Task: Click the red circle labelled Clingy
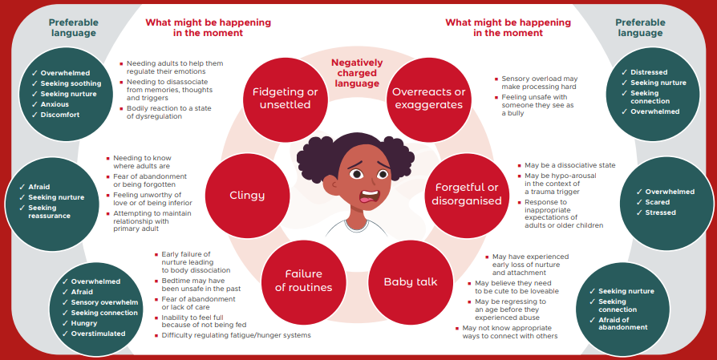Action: click(x=247, y=196)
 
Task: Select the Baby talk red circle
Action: click(x=410, y=282)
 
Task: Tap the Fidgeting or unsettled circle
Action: click(x=286, y=99)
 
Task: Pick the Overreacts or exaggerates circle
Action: click(x=428, y=99)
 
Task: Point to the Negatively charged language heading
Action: click(x=357, y=73)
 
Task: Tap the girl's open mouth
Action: click(x=369, y=196)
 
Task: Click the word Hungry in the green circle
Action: click(x=84, y=323)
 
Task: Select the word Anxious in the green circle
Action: click(x=55, y=104)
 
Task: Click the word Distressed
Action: click(x=649, y=72)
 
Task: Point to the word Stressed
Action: click(x=660, y=212)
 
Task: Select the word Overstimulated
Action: click(x=98, y=334)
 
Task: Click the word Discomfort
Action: click(x=60, y=115)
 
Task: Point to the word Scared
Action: click(x=657, y=202)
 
